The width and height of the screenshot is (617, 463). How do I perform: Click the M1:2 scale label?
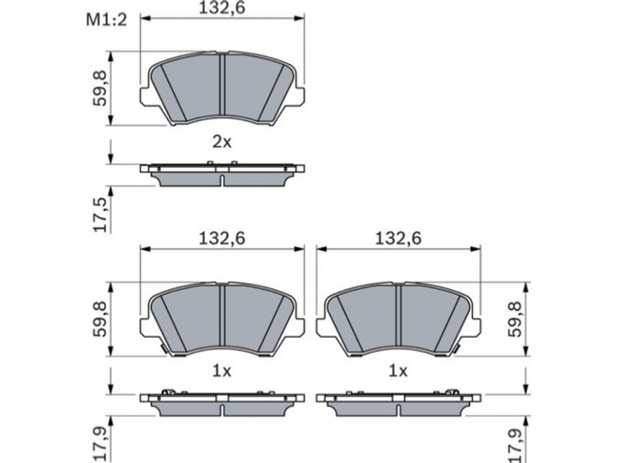[106, 20]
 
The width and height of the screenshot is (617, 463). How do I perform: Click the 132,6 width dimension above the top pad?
[222, 8]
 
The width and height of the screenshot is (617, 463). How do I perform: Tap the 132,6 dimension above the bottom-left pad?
[222, 238]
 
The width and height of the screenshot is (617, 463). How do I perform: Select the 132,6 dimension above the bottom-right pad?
[398, 238]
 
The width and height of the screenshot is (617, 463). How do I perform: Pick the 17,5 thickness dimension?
[101, 215]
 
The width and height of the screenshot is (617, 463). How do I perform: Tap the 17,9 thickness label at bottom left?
[101, 444]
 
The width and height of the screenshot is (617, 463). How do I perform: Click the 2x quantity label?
[222, 142]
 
